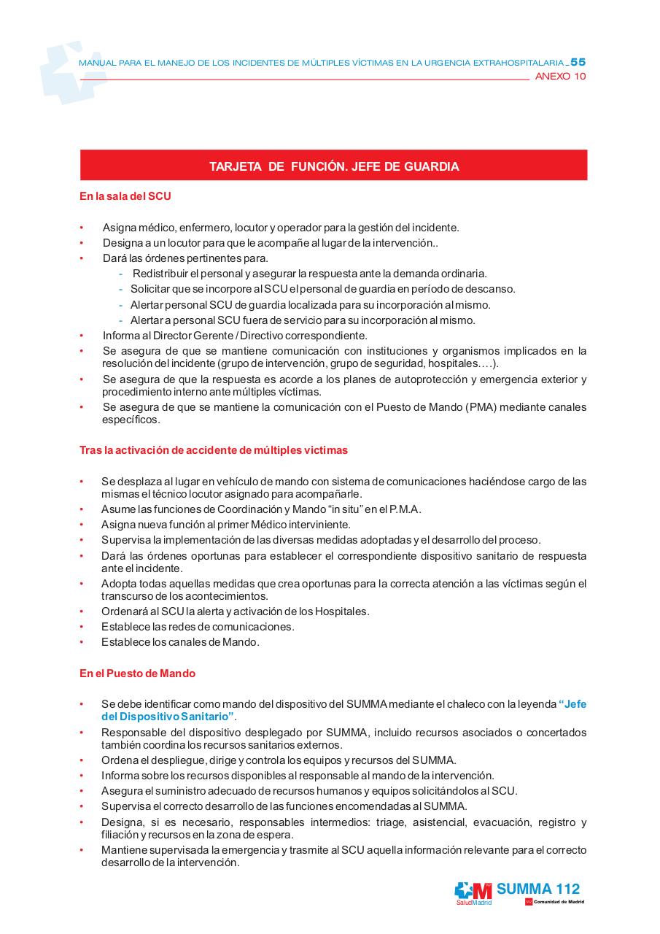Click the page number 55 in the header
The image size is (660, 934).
point(578,63)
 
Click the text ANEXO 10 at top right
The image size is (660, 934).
point(560,77)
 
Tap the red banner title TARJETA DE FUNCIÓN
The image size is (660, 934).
point(334,166)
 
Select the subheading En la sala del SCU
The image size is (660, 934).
point(125,196)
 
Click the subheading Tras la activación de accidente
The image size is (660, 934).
point(213,450)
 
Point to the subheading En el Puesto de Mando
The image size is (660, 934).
point(137,674)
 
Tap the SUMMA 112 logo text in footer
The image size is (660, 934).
point(538,889)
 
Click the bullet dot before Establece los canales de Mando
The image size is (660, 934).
point(82,643)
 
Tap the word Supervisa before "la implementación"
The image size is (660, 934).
point(125,540)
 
